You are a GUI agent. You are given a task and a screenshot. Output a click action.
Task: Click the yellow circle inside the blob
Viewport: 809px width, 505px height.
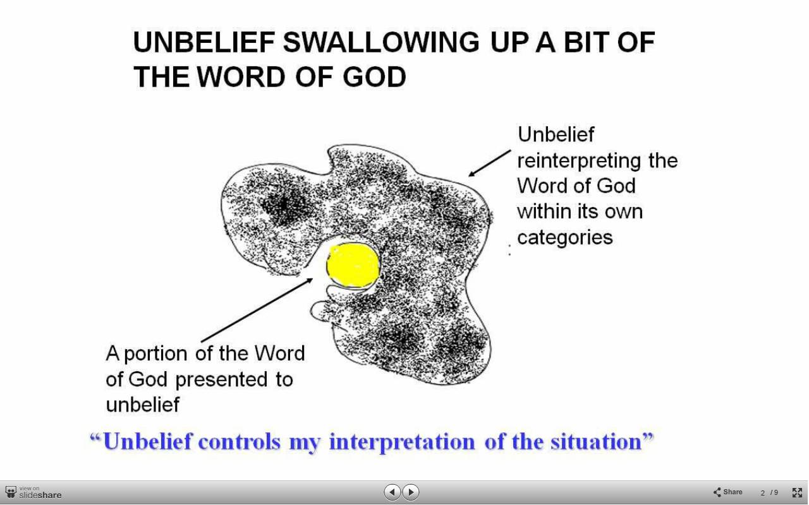pos(353,265)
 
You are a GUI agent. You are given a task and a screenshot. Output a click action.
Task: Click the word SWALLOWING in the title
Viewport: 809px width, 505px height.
pos(381,42)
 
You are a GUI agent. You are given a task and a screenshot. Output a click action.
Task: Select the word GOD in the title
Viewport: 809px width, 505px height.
pos(374,77)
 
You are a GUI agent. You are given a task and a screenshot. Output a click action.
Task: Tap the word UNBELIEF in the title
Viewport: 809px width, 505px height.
pos(204,42)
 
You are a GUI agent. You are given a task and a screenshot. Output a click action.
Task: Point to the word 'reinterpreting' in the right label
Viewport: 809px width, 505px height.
pos(579,161)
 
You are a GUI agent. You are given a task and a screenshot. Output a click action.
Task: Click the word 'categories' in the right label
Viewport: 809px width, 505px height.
pos(565,237)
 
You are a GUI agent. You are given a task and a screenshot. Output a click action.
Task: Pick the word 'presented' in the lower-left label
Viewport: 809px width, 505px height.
pos(221,380)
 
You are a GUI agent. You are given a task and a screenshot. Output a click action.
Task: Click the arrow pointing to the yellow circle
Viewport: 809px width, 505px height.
pos(257,310)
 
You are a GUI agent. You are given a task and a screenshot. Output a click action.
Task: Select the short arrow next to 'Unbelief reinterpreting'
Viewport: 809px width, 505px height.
pos(490,163)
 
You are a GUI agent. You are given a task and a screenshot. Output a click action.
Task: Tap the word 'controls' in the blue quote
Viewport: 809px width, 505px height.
pos(240,441)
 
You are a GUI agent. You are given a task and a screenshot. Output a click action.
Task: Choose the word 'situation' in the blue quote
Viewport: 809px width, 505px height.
pos(595,441)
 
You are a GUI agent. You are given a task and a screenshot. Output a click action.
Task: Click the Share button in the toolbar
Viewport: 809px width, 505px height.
pos(727,492)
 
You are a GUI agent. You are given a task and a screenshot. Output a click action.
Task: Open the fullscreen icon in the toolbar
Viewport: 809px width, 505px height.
pos(797,492)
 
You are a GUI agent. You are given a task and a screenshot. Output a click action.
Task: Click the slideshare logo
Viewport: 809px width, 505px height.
pos(33,492)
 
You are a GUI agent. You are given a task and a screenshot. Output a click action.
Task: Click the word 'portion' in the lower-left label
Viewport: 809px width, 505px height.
pos(155,354)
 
